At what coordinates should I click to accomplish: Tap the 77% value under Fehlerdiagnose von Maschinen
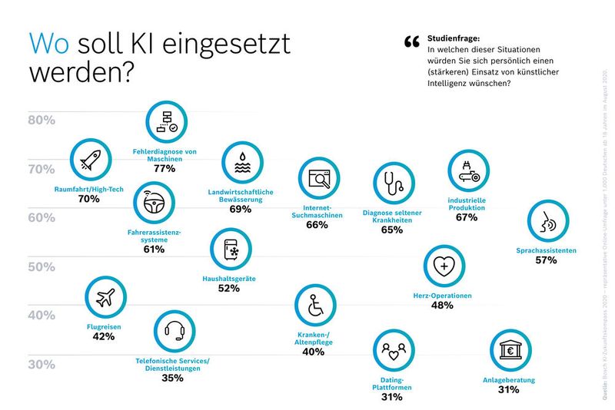tap(165, 168)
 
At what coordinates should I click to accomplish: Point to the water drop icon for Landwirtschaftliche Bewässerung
tap(241, 163)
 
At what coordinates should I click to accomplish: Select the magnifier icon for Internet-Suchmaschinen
tap(318, 180)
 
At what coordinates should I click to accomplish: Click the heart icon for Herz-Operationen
tap(444, 266)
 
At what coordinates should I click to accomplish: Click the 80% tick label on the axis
tap(42, 120)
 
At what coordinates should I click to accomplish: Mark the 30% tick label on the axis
tap(42, 364)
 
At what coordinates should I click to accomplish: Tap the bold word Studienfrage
tap(454, 38)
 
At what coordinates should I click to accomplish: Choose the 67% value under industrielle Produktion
tap(466, 217)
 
